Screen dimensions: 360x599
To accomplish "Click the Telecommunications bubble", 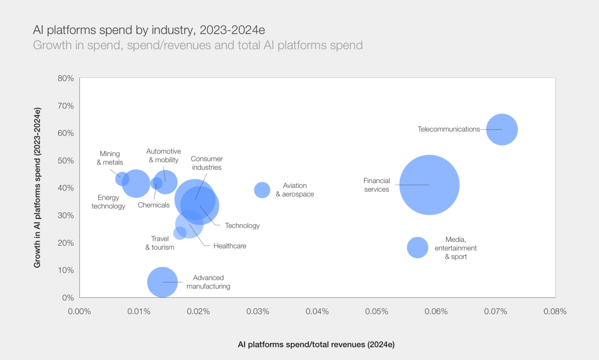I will click(x=502, y=129).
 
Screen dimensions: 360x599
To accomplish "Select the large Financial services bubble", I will click(x=429, y=185).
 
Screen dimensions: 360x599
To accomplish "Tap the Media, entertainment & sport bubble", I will click(x=417, y=248).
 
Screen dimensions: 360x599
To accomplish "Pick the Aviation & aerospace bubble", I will click(x=262, y=190).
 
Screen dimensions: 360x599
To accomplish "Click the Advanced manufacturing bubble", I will click(x=162, y=282).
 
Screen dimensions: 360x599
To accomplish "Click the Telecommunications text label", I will click(x=448, y=129).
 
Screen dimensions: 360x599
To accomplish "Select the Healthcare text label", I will click(x=230, y=246).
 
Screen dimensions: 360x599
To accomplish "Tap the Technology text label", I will click(x=242, y=225).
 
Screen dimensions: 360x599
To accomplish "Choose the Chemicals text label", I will click(x=154, y=205).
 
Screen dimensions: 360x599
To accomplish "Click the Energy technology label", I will click(x=108, y=202).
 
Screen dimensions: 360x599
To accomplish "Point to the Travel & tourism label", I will click(x=160, y=243).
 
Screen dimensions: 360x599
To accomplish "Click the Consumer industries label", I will click(x=207, y=163).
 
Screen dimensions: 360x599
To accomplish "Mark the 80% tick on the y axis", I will click(x=66, y=78).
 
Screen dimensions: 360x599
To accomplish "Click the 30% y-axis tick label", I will click(x=66, y=215).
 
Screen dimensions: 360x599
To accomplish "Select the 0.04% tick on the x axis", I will click(x=317, y=311).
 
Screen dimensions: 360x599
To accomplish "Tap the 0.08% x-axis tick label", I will click(x=555, y=311).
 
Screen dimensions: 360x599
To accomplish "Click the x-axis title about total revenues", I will click(x=316, y=344).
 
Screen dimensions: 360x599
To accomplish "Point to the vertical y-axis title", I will click(x=37, y=188).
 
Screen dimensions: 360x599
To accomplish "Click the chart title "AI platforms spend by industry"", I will click(x=149, y=30).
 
